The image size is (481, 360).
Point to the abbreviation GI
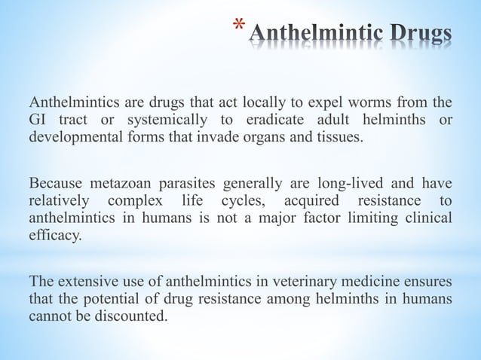tap(37, 121)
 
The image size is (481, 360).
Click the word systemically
tap(164, 121)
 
